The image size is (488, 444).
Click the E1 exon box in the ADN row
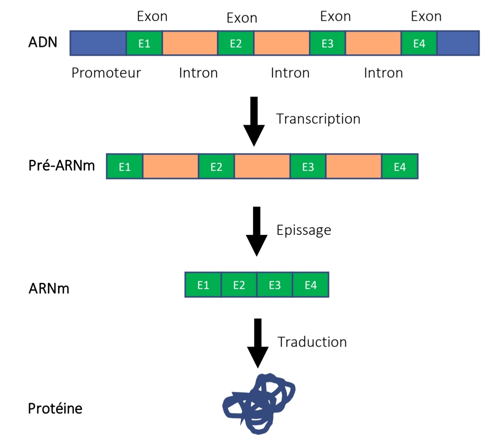tap(144, 43)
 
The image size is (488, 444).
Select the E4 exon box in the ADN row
tap(419, 43)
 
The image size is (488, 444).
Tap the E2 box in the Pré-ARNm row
tap(216, 166)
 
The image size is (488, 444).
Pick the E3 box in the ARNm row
tap(274, 285)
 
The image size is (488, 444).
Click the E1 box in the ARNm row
tap(203, 285)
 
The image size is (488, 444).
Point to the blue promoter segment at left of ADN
tap(98, 43)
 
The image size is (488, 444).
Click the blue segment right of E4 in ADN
tap(458, 43)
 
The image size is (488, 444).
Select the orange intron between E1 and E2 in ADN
tap(190, 43)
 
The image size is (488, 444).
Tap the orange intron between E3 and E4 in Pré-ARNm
tap(353, 166)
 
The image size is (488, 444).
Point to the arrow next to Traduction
tap(258, 343)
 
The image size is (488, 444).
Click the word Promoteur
tap(106, 73)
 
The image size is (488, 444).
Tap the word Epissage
tap(304, 230)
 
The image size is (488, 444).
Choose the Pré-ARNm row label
tap(62, 166)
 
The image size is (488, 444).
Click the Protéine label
tap(55, 408)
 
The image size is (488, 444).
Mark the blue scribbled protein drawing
tap(259, 404)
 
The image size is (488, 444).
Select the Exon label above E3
tap(335, 16)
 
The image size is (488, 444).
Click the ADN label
tap(43, 42)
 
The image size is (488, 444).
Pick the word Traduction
tap(312, 342)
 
